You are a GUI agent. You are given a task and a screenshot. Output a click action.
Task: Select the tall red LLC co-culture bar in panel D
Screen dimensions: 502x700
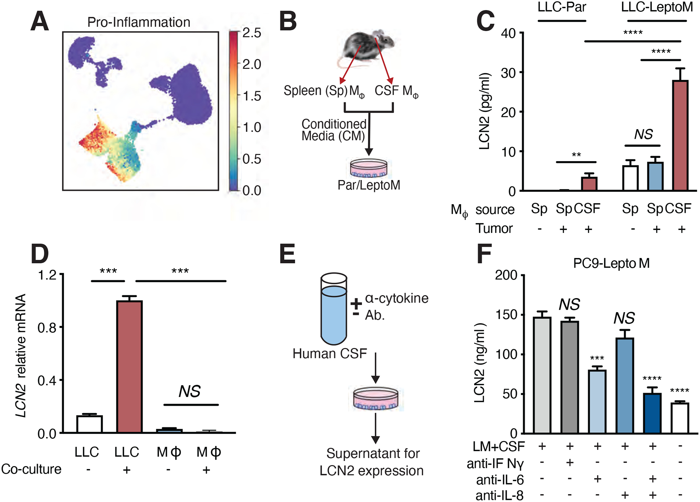tap(129, 366)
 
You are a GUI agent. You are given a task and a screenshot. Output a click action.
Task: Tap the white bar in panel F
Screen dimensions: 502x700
tap(680, 418)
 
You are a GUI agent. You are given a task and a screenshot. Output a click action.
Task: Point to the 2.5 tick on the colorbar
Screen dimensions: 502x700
tap(252, 33)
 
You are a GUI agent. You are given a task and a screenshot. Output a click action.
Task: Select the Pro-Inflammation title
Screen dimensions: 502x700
tap(139, 22)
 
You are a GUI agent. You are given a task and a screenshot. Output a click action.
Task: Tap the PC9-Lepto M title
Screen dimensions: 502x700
tap(611, 264)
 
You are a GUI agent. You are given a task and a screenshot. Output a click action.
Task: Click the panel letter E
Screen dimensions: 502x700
tap(287, 254)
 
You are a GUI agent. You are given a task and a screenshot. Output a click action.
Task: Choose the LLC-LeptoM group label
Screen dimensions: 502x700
tap(657, 7)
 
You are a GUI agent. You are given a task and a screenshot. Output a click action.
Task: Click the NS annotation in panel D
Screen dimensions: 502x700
tap(190, 391)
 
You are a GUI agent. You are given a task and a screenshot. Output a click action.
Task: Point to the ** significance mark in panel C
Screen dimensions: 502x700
tap(576, 155)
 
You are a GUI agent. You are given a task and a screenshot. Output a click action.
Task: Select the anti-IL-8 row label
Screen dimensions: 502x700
tap(499, 496)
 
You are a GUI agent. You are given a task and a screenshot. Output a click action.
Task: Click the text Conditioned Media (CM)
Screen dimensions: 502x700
tap(333, 130)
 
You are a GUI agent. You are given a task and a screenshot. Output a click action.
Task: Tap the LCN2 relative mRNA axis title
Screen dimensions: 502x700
tap(21, 355)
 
